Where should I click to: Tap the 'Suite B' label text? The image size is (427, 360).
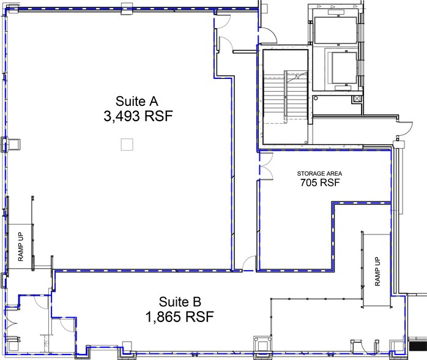[180, 301]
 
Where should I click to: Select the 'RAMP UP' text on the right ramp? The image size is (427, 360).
[376, 272]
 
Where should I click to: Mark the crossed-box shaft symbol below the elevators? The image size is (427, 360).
[356, 97]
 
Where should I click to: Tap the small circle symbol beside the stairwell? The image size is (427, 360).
[316, 98]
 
